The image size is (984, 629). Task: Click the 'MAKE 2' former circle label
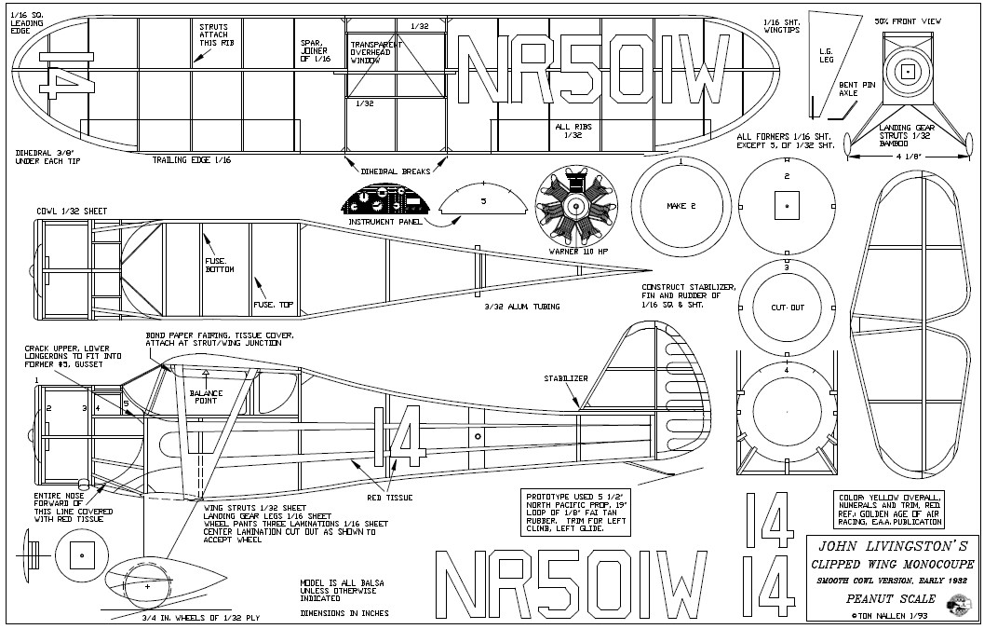(x=681, y=205)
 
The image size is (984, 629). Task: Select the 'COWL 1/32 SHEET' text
(x=68, y=211)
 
